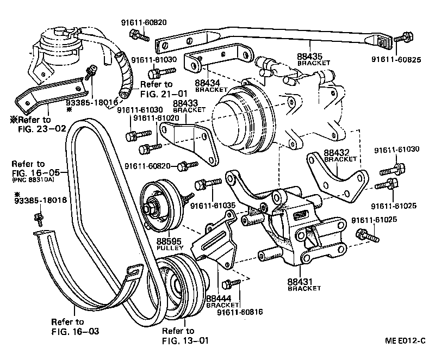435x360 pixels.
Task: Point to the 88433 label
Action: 185,103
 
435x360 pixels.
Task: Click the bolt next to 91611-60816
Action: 232,283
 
